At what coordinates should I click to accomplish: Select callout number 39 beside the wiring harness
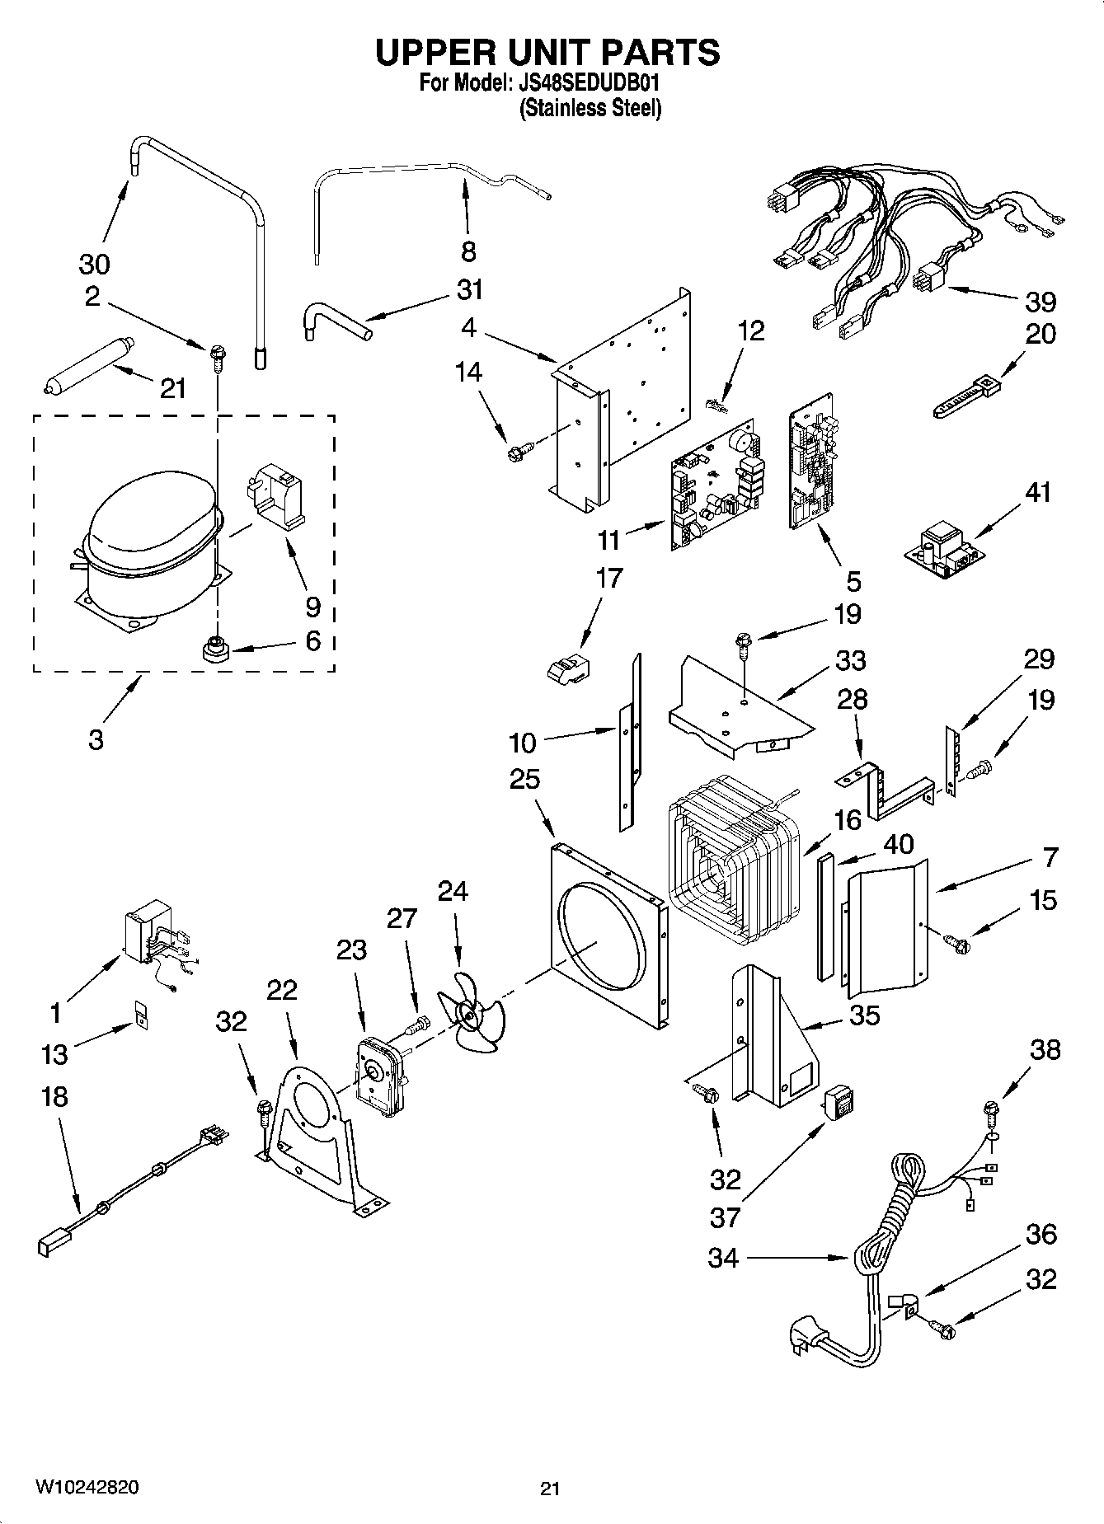[1040, 302]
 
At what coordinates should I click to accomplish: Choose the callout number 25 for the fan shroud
[524, 778]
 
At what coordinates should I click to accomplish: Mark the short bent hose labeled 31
[334, 322]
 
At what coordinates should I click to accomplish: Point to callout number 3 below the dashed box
[96, 739]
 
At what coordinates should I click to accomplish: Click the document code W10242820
[87, 1487]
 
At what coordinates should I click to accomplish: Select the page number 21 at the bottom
[550, 1488]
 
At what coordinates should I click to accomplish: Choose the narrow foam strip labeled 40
[826, 917]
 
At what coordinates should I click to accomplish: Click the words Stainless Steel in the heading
[590, 108]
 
